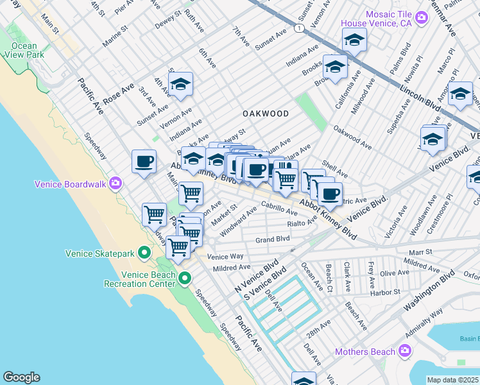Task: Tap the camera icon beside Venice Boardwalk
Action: click(x=116, y=184)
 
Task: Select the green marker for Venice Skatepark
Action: click(x=145, y=253)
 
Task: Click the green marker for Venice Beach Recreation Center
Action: click(x=185, y=278)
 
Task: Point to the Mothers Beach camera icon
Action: click(x=404, y=351)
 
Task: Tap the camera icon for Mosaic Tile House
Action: click(x=421, y=17)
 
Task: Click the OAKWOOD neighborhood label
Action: click(x=265, y=114)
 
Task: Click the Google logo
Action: click(x=21, y=377)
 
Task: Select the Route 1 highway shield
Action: click(x=298, y=28)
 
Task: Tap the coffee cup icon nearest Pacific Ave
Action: click(x=144, y=161)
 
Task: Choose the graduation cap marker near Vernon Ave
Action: click(x=181, y=83)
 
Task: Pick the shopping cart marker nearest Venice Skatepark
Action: click(x=178, y=246)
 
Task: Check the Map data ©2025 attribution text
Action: click(x=453, y=380)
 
